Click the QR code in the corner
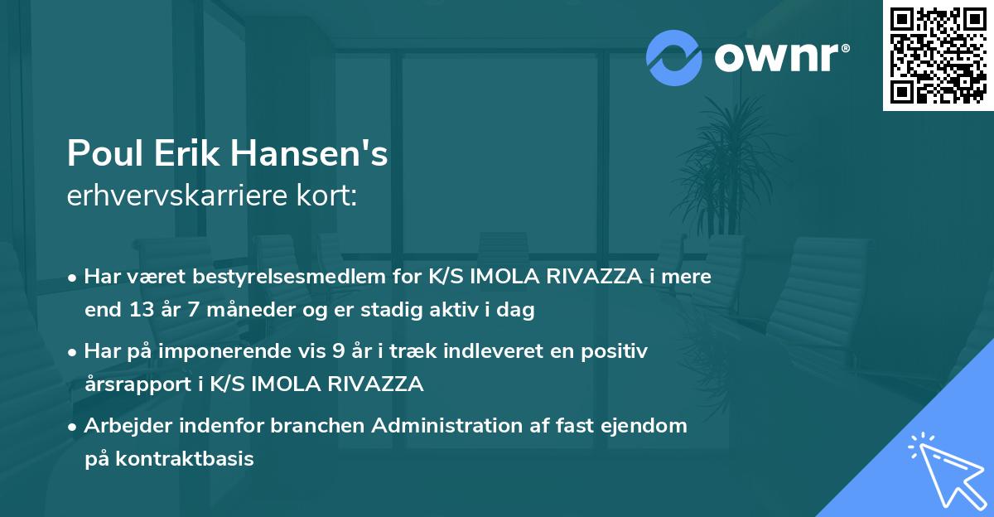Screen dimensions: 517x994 938,56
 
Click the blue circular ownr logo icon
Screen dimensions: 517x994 674,57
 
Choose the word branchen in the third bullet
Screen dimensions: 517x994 322,426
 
